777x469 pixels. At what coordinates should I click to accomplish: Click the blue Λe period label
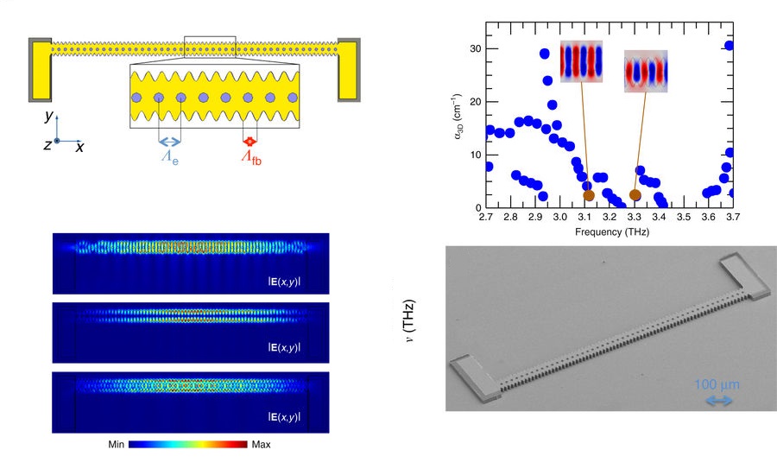coord(170,157)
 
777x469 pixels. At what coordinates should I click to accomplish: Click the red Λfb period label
coord(251,157)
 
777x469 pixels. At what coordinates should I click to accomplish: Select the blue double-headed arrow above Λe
coord(170,143)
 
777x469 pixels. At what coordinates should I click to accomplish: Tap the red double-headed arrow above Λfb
coord(250,142)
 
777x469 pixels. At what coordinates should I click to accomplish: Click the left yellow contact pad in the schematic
coord(40,69)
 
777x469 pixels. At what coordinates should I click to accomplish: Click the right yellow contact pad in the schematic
coord(348,69)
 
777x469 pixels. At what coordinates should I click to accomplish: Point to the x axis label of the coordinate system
coord(79,147)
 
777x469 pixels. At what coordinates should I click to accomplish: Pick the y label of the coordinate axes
coord(48,116)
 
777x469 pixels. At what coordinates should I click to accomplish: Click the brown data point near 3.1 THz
coord(589,195)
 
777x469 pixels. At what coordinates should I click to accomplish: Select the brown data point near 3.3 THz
coord(635,195)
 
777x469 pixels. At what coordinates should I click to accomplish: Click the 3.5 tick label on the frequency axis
coord(684,217)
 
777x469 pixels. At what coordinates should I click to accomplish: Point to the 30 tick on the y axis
coord(475,48)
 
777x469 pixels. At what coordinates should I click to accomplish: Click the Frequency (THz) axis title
coord(612,231)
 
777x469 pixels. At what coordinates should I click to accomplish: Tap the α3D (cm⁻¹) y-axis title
coord(458,116)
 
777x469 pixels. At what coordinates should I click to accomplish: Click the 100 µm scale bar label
coord(717,384)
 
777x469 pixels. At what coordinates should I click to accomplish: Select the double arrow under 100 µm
coord(719,401)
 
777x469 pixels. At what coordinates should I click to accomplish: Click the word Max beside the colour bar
coord(261,444)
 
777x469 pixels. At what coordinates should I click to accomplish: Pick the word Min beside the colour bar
coord(116,444)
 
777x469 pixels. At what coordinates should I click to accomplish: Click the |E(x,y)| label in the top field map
coord(284,282)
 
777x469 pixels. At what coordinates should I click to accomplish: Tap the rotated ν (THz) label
coord(408,321)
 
